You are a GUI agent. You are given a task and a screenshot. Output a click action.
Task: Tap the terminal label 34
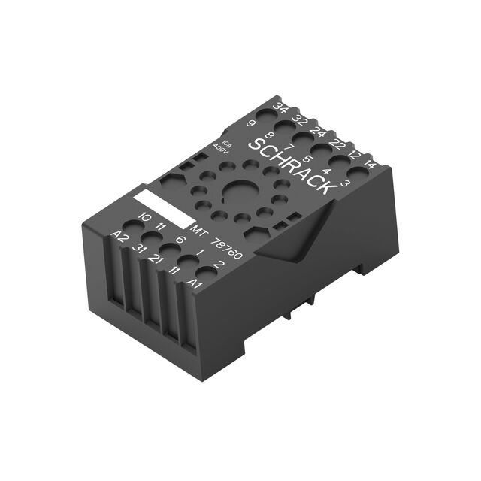pos(280,108)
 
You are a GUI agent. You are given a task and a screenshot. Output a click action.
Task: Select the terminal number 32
pos(300,120)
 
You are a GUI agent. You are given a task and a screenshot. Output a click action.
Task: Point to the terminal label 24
pos(318,132)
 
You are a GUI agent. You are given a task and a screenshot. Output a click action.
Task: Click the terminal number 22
pos(337,144)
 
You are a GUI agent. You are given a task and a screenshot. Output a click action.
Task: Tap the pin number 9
pos(251,123)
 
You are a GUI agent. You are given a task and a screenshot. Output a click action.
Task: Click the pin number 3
pos(345,183)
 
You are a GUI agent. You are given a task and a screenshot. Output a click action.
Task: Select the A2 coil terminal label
pos(118,237)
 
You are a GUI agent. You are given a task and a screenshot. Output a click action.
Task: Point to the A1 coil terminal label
pos(195,284)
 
